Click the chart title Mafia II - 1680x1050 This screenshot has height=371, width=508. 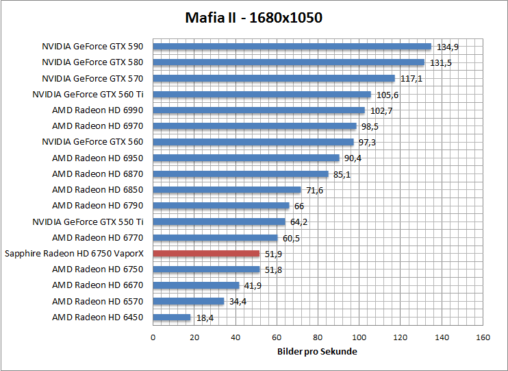point(253,18)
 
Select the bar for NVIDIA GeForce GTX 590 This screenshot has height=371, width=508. point(292,47)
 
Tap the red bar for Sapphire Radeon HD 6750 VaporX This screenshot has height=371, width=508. point(206,253)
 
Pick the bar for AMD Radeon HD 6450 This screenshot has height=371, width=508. point(171,317)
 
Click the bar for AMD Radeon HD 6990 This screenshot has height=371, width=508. point(258,110)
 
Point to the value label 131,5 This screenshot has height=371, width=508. point(442,63)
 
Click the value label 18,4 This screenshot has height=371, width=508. point(205,318)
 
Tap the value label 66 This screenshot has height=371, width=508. point(299,206)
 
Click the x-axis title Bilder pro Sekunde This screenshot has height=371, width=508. point(318,351)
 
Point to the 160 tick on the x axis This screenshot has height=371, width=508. point(483,337)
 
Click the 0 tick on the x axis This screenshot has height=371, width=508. point(153,337)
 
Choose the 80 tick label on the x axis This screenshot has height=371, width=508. point(318,337)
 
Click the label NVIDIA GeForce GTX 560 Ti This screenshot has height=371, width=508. point(92,95)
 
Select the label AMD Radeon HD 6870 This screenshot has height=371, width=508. point(98,174)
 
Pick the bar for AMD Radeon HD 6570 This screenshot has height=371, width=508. point(188,301)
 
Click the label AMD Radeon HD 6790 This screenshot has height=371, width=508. point(98,206)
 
